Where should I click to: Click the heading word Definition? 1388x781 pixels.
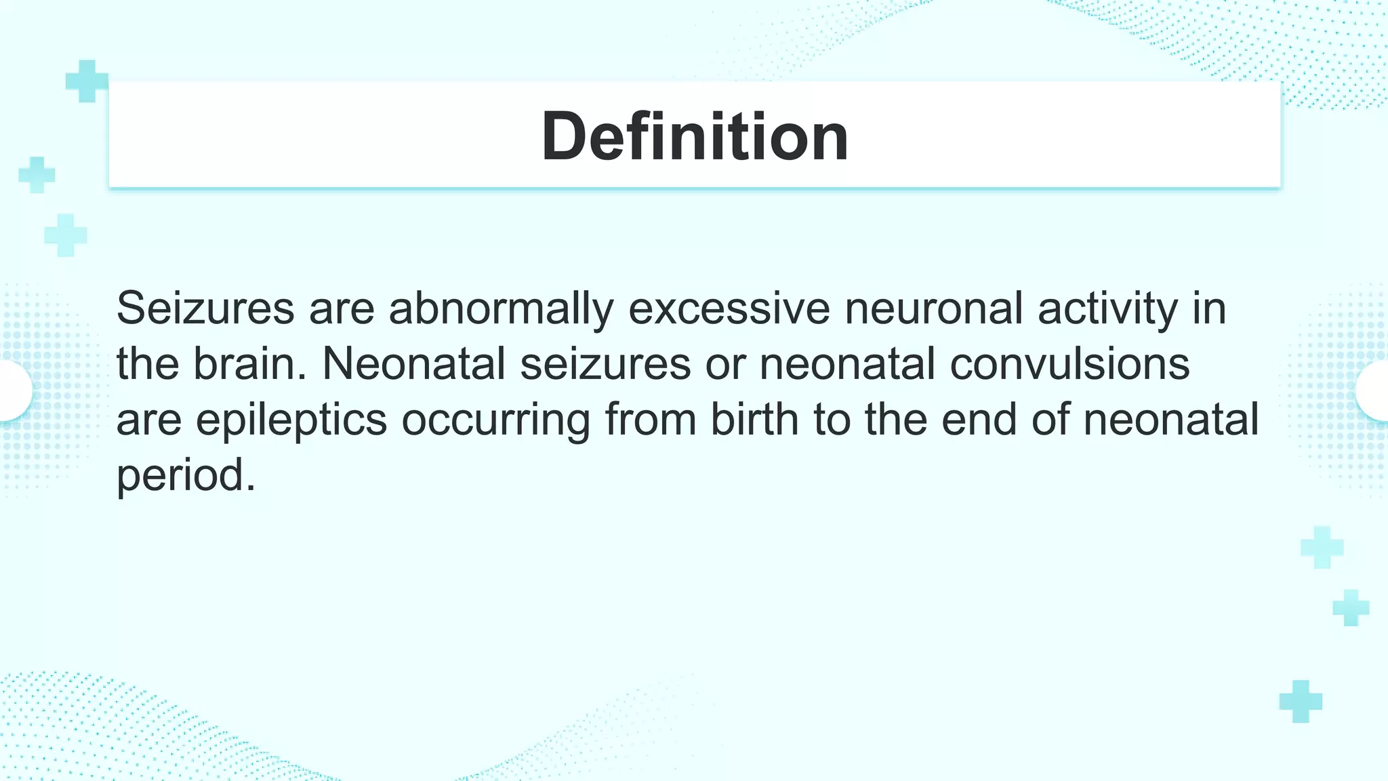(x=695, y=136)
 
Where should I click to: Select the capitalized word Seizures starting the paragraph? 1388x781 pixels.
(x=205, y=308)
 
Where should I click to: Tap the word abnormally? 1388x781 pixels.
(x=501, y=308)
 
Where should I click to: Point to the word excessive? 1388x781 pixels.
(x=729, y=308)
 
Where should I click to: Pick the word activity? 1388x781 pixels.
(x=1107, y=308)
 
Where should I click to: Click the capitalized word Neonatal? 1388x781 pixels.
(x=413, y=364)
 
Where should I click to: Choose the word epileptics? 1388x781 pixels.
(x=291, y=420)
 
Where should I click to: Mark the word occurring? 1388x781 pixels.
(x=495, y=420)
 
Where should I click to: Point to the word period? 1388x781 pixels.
(x=186, y=475)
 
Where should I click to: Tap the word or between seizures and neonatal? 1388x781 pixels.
(x=724, y=364)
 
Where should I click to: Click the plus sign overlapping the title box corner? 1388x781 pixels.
(x=87, y=81)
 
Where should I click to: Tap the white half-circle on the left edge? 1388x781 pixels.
(x=14, y=390)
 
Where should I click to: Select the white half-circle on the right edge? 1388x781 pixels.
(x=1374, y=390)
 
